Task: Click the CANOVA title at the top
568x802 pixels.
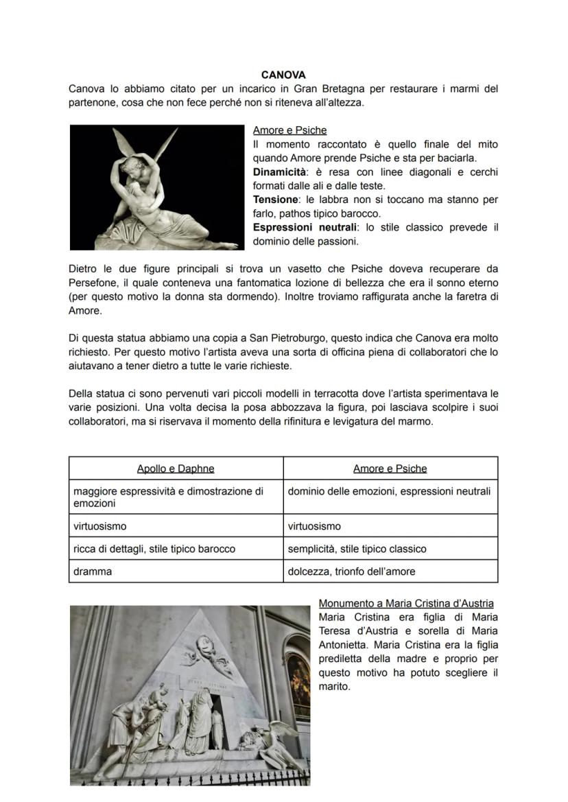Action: tap(283, 75)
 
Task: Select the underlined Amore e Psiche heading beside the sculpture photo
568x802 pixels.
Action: tap(289, 130)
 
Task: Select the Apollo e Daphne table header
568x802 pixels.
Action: tap(176, 469)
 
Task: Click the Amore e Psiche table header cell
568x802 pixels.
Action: tap(390, 469)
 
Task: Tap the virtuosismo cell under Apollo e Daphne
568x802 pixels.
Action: tap(100, 526)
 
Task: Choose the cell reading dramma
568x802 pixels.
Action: tap(93, 571)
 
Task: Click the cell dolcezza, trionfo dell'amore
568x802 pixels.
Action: tap(351, 571)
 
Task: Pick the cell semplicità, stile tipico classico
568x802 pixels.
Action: tap(357, 549)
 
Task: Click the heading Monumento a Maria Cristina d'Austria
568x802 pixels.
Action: tap(405, 604)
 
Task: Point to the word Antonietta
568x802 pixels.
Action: tap(344, 645)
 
